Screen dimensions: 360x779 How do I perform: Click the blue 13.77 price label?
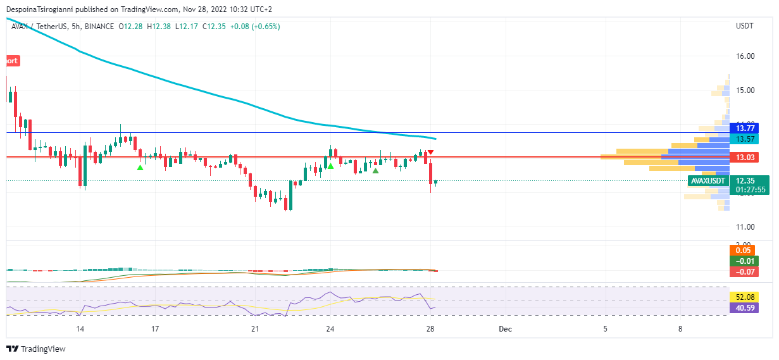[x=744, y=128]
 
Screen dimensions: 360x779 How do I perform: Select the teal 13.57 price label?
[x=744, y=139]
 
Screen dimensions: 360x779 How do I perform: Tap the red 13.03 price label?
[x=744, y=157]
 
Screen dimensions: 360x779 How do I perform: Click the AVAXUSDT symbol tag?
[x=707, y=181]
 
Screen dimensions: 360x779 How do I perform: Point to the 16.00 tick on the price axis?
[x=745, y=56]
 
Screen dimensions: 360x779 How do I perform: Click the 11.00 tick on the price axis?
[x=745, y=227]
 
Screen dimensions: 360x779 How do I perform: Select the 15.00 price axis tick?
[x=745, y=90]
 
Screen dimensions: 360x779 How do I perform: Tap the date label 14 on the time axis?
[x=80, y=329]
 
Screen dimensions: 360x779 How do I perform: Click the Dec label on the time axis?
[x=504, y=329]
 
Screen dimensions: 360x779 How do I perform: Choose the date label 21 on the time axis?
[x=255, y=329]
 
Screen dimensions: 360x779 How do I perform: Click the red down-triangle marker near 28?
[x=430, y=152]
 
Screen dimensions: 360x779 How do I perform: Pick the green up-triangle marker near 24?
[x=330, y=166]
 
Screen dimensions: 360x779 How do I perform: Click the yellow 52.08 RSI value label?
[x=744, y=297]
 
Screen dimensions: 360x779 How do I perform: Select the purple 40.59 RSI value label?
[x=744, y=308]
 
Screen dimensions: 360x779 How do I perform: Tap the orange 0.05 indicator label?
[x=744, y=251]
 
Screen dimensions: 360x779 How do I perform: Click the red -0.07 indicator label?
[x=744, y=272]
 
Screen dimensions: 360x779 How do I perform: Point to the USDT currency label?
[x=745, y=26]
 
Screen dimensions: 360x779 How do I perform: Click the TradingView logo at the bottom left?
[x=36, y=349]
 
